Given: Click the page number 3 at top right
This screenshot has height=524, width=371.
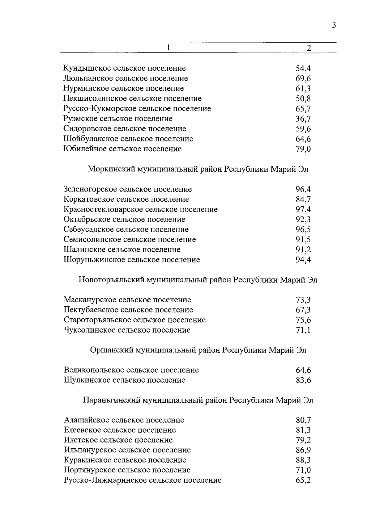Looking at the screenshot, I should [334, 25].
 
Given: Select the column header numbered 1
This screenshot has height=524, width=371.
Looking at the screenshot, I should [168, 48].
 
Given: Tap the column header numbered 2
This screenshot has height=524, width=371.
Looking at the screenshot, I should [308, 48].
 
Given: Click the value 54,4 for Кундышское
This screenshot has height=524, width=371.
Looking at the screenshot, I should [303, 68].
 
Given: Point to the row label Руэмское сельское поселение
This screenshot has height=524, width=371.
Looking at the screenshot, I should [118, 119].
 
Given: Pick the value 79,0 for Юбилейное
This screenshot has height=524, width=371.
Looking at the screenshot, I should [303, 149].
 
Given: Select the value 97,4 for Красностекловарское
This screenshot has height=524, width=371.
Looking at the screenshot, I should [303, 209].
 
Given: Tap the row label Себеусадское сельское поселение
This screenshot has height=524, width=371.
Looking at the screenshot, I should [126, 229].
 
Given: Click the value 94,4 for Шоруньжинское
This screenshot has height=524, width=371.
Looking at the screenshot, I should [303, 260].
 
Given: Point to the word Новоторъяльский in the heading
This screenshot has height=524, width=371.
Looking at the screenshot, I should [111, 280].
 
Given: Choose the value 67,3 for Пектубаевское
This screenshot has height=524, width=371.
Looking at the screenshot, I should [303, 310].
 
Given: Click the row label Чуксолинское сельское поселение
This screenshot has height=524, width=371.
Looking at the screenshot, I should [127, 330].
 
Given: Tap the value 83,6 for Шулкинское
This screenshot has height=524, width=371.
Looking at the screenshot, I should [303, 380].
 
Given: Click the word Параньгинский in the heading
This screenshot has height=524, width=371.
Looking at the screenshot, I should [111, 400].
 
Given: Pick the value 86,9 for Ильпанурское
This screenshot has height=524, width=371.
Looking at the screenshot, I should [303, 450].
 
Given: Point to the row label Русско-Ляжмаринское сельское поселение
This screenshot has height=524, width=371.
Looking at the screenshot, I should [142, 480].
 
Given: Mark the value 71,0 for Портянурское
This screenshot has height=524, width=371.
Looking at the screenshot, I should [303, 470].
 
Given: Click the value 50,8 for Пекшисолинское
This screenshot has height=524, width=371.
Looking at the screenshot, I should [303, 99].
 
